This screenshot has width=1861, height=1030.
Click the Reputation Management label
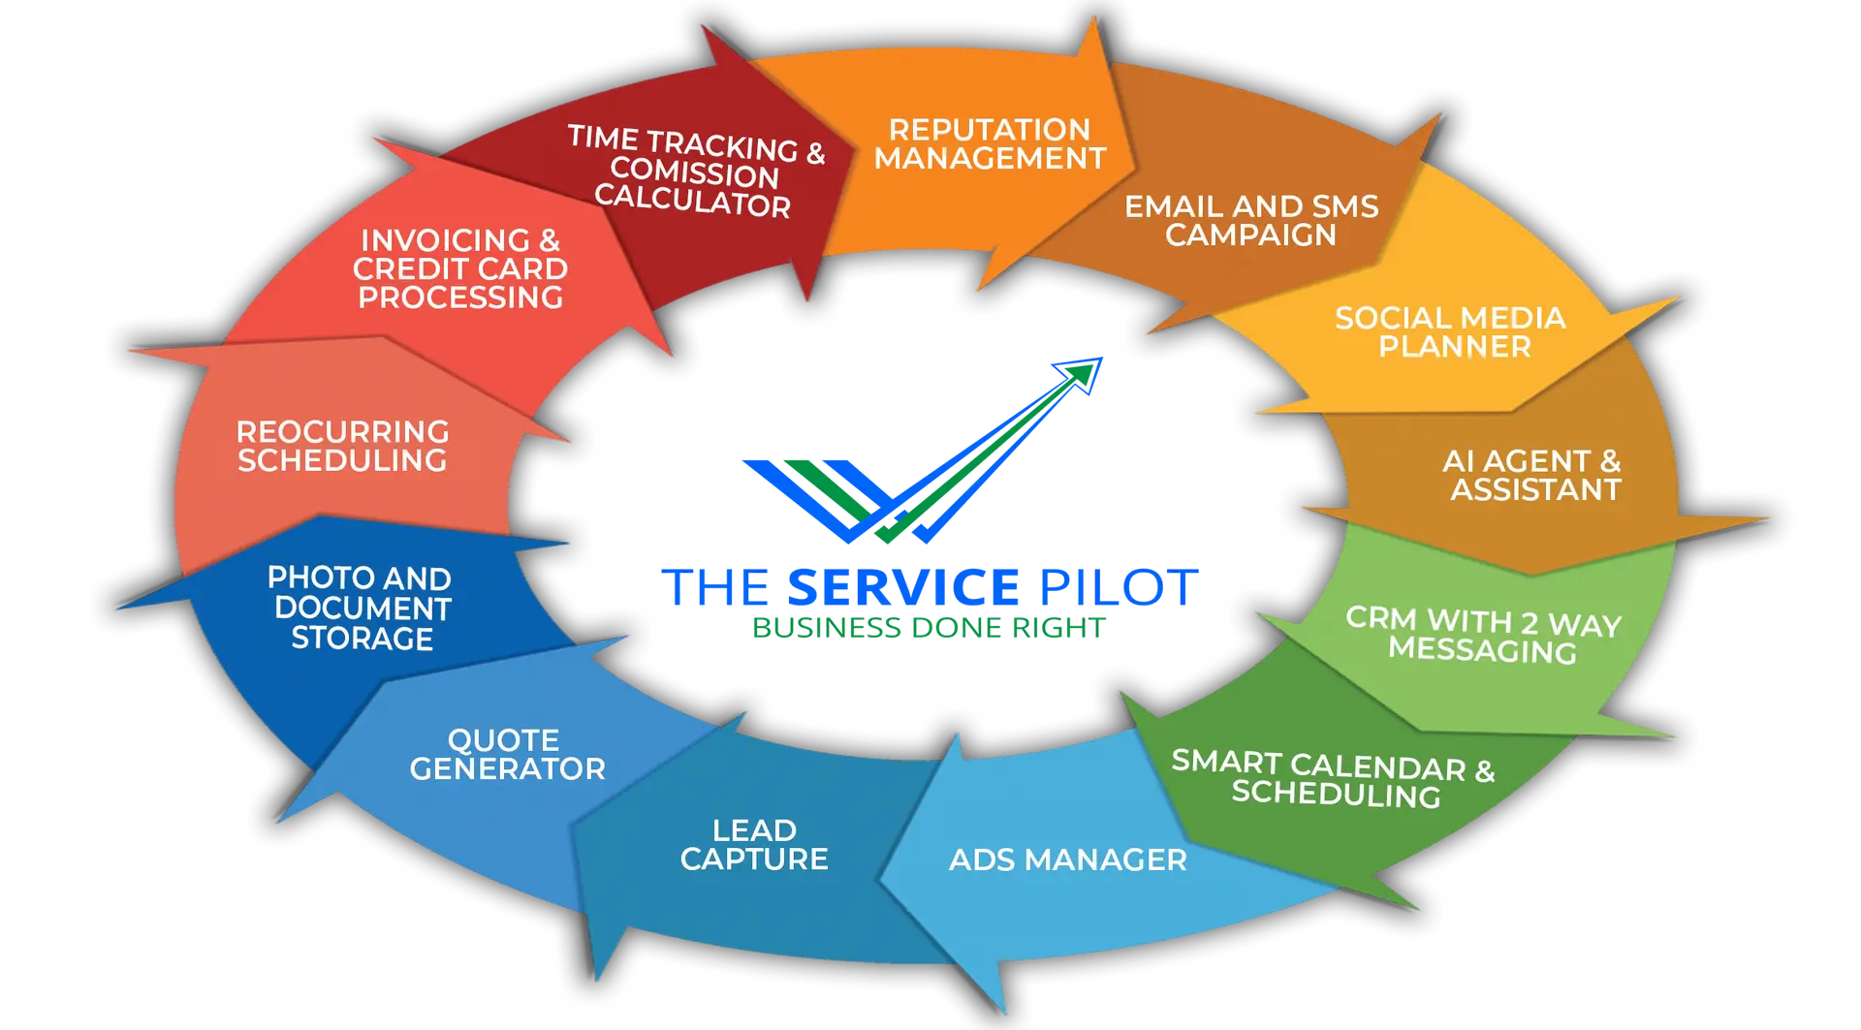click(x=990, y=144)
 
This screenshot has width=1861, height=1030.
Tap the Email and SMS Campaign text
click(x=1250, y=221)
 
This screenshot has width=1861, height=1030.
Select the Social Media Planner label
click(x=1451, y=332)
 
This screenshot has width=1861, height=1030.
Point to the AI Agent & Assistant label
click(x=1532, y=475)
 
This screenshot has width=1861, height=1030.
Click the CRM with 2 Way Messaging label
click(x=1483, y=635)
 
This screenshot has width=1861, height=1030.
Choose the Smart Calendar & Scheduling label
click(x=1334, y=779)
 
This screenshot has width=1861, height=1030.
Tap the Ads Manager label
click(x=1067, y=859)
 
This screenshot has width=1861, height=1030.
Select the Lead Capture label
click(x=754, y=845)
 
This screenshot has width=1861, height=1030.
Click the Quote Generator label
click(x=506, y=755)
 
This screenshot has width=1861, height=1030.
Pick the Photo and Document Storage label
click(x=361, y=608)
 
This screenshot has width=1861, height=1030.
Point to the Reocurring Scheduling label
click(x=343, y=446)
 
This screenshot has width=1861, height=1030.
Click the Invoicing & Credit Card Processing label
click(x=460, y=268)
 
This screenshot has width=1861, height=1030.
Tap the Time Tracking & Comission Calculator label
click(x=695, y=172)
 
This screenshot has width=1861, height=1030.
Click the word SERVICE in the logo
click(x=902, y=587)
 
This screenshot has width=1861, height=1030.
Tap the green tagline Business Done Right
click(x=929, y=628)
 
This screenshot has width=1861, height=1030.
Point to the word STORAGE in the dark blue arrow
click(x=363, y=639)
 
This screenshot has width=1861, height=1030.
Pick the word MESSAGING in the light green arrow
click(x=1482, y=650)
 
